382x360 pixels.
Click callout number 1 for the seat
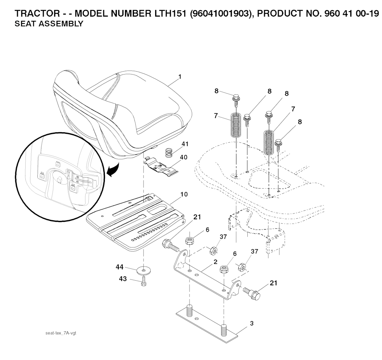tap(180, 77)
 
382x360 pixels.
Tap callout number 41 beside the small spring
tap(185, 144)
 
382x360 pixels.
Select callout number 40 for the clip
tap(184, 157)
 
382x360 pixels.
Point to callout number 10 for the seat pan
tap(184, 194)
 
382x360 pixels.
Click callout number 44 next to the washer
tap(119, 267)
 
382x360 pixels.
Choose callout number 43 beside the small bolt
tap(123, 278)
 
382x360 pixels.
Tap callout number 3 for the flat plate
tap(252, 323)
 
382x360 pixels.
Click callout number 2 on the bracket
tap(215, 262)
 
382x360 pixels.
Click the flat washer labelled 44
tap(144, 270)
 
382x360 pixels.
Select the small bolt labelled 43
tap(144, 281)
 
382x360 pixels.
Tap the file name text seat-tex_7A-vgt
tap(61, 333)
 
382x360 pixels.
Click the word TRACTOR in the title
tap(37, 14)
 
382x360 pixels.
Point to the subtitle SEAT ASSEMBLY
tap(49, 24)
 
